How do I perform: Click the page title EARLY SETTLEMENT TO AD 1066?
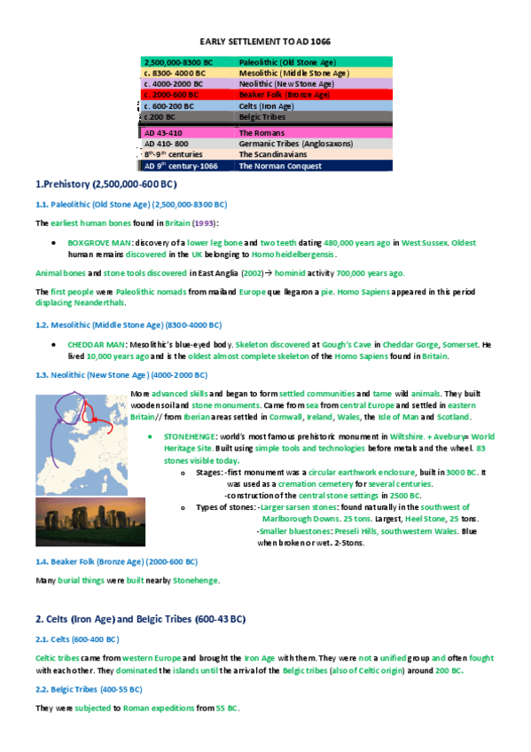(266, 43)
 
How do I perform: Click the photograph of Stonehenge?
(78, 522)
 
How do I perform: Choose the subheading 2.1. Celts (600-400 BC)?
(77, 639)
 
